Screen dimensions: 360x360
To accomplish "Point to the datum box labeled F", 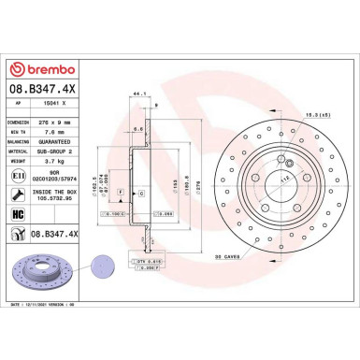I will (x=120, y=191).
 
